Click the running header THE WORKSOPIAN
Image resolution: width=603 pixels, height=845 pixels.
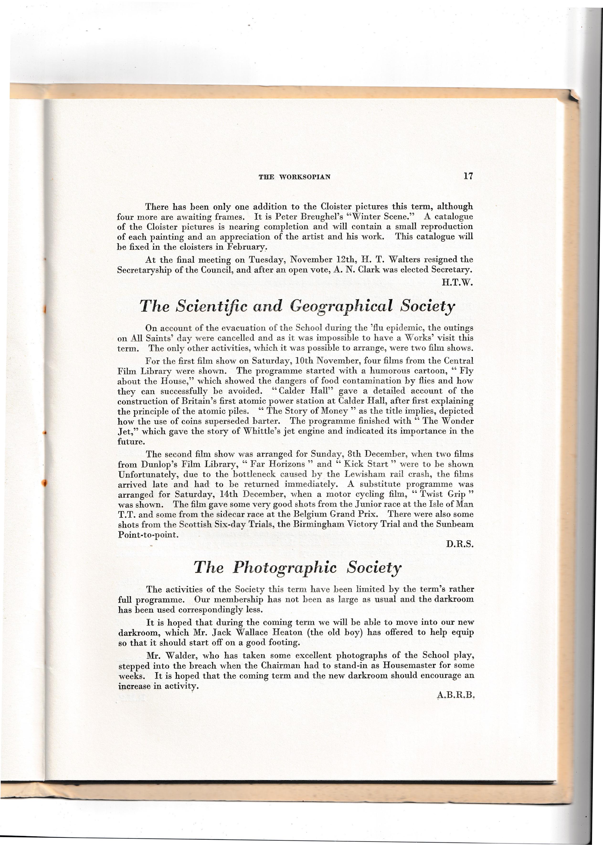click(294, 177)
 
